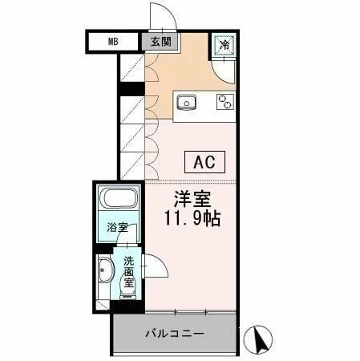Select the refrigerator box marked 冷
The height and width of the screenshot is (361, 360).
(x=225, y=45)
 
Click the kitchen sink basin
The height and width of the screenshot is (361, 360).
(x=187, y=102)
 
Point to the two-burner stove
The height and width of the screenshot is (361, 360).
(x=225, y=102)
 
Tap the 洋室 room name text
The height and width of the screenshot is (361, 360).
(x=192, y=199)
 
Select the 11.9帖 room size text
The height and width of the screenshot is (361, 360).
(x=192, y=217)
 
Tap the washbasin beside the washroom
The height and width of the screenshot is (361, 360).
(x=105, y=274)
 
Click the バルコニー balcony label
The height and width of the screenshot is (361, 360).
(x=175, y=333)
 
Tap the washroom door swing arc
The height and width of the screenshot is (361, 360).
(x=152, y=265)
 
